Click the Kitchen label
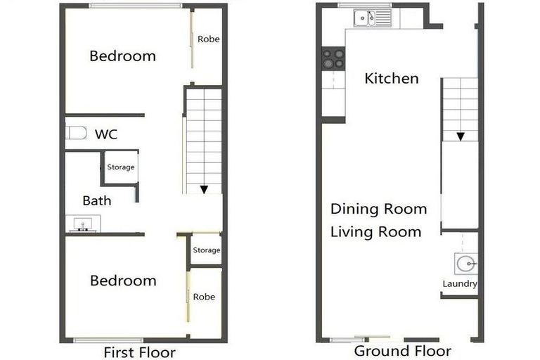[x=392, y=78]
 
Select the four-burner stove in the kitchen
[x=333, y=58]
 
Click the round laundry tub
[x=465, y=264]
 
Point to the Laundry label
[x=460, y=284]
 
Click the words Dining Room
[x=378, y=209]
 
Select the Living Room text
[x=376, y=231]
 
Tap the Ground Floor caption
[x=402, y=351]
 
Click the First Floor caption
[x=139, y=352]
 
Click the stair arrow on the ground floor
[x=460, y=136]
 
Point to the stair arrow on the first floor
[x=203, y=189]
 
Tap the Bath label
[x=97, y=200]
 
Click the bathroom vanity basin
[x=84, y=225]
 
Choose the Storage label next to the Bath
[x=120, y=167]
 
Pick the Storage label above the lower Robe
[x=207, y=250]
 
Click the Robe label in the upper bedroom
[x=208, y=39]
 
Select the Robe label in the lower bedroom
[x=204, y=297]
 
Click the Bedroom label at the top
[x=122, y=56]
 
